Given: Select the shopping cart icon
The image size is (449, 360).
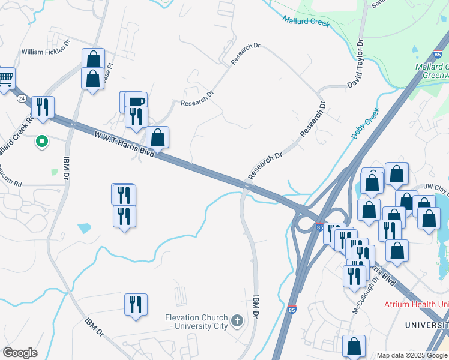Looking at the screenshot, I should click(5, 77).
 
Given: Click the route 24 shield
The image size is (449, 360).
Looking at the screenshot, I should click(22, 98).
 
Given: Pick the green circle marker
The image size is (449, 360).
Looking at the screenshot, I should click(42, 142).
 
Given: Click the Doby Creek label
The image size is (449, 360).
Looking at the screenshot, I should click(366, 124).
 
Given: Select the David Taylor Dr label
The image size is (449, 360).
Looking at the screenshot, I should click(355, 64).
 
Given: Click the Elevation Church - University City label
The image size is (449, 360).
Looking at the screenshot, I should click(197, 322).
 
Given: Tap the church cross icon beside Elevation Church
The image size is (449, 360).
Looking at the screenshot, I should click(237, 321).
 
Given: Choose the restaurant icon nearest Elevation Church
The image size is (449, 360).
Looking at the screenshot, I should click(136, 304).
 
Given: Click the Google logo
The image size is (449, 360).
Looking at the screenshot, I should click(20, 353).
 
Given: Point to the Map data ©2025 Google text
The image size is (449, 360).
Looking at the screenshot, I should click(412, 355).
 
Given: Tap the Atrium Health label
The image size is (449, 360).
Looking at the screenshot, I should click(416, 304).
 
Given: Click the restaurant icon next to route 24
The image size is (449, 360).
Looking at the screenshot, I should click(43, 107).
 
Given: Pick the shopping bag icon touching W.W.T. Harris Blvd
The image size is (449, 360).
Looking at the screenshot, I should click(157, 137).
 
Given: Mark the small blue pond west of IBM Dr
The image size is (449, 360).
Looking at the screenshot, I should click(85, 228).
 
